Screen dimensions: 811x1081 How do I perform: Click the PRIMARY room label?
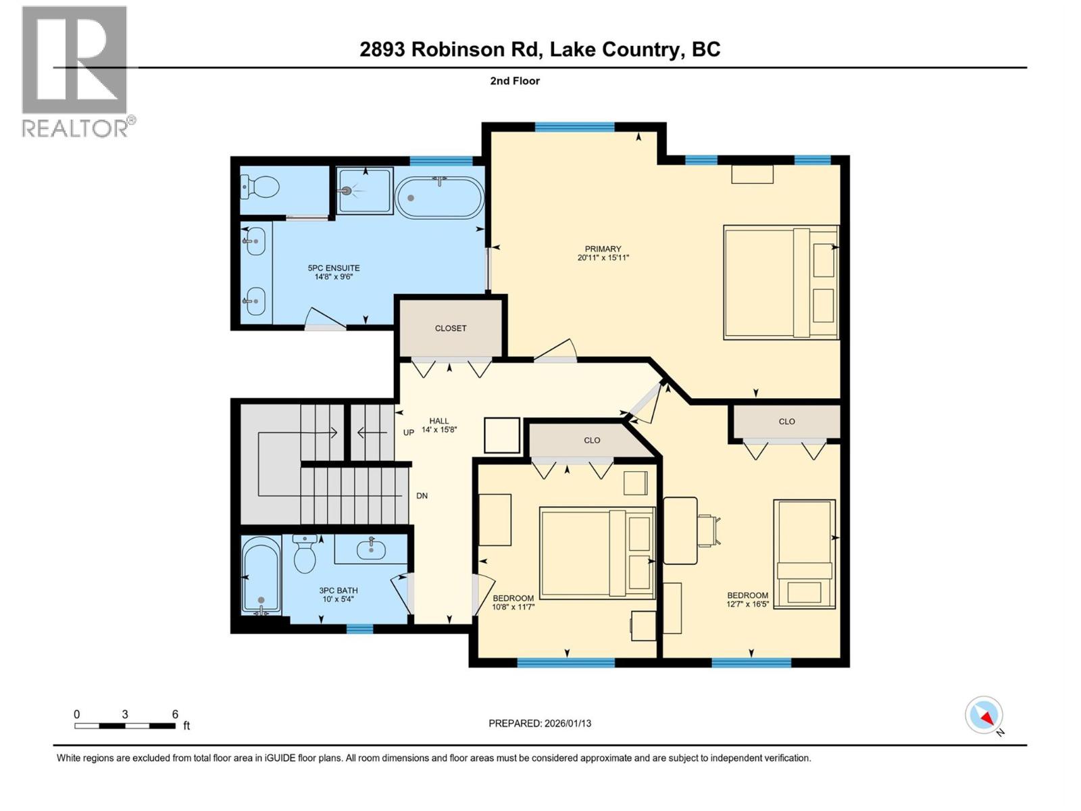click(603, 253)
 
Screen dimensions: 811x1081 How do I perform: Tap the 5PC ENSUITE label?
click(334, 272)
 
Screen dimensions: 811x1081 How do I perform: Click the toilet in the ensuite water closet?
click(261, 187)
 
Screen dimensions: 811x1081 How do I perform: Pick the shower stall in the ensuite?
click(364, 191)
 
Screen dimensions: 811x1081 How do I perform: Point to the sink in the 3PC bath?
click(370, 548)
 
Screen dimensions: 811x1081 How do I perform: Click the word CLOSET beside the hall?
click(451, 328)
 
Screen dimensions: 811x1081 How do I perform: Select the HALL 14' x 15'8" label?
click(439, 425)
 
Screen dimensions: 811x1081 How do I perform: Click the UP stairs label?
click(409, 433)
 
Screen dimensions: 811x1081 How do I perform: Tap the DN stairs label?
click(422, 496)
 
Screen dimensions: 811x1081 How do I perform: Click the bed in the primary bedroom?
click(780, 282)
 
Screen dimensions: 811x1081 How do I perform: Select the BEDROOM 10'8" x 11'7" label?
click(513, 602)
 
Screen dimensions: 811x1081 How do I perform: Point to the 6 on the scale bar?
click(175, 714)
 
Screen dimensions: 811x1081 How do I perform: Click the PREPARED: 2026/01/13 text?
click(540, 723)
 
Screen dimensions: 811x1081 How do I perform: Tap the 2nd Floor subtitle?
click(515, 81)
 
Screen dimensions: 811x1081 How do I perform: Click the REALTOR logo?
click(76, 72)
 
